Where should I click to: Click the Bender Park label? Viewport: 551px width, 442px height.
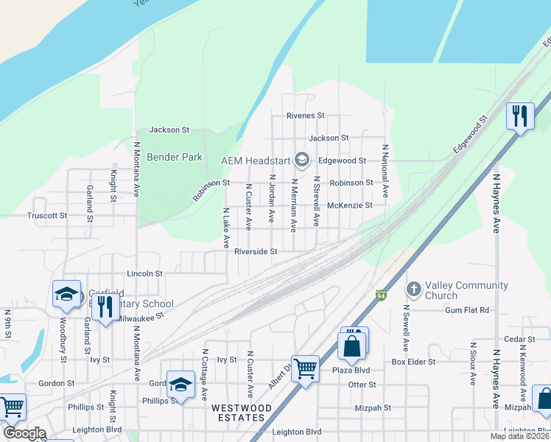(175, 157)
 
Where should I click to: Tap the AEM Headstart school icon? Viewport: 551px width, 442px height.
(301, 160)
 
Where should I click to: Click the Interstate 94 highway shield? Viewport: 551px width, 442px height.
(381, 294)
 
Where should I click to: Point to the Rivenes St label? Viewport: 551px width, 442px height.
(306, 116)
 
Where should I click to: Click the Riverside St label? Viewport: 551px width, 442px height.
(255, 251)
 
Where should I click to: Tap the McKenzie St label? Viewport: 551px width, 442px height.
(350, 206)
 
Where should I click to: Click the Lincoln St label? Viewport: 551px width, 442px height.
(144, 273)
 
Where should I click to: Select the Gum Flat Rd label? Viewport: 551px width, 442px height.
(466, 310)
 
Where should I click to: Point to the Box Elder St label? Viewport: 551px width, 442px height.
(414, 362)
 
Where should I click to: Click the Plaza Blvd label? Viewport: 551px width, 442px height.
(351, 370)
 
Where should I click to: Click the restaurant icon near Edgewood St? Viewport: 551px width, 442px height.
(521, 116)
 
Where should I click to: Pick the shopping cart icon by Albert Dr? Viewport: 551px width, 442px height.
(305, 368)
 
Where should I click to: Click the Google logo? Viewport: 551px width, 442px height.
(24, 433)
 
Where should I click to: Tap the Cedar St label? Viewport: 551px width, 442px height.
(519, 339)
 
